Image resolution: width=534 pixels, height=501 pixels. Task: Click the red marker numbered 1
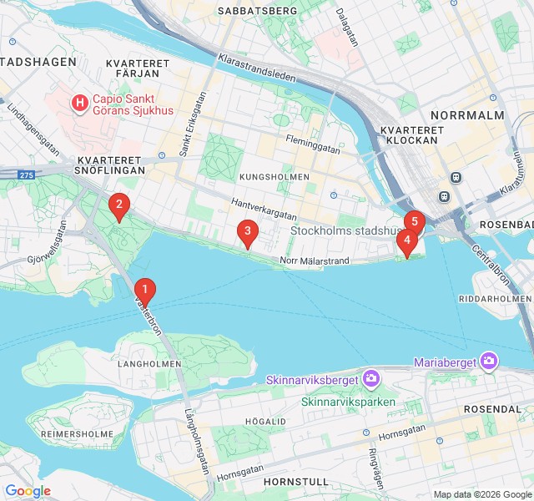point(144,291)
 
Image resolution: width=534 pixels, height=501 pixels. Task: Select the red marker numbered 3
point(246,231)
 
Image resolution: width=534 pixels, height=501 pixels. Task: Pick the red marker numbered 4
point(406,241)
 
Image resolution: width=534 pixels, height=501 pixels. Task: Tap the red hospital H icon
point(79,104)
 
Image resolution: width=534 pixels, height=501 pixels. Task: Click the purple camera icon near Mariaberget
point(489,362)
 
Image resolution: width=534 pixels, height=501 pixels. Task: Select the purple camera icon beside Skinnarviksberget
point(370,380)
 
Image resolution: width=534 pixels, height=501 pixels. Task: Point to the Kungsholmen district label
point(274,177)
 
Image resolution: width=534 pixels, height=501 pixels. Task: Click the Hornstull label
point(291,483)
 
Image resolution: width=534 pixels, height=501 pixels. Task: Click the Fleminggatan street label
point(313,144)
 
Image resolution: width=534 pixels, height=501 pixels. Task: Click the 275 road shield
point(28,175)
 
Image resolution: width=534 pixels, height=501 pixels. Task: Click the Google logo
point(28,491)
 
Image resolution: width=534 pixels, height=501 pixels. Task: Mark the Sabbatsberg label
point(256,10)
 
